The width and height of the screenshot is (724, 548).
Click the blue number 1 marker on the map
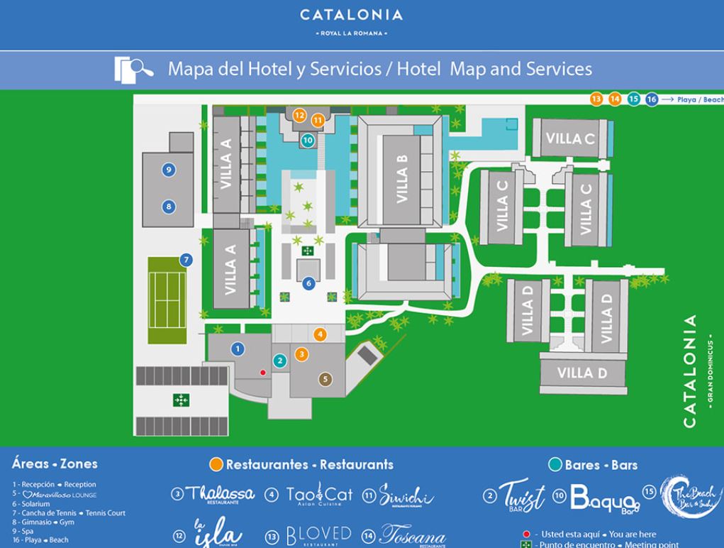(238, 348)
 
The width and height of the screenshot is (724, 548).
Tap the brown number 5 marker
(325, 379)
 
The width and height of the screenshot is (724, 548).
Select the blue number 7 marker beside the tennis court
(186, 260)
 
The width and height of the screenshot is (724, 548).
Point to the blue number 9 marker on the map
(169, 170)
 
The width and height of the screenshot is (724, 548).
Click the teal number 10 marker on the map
(307, 141)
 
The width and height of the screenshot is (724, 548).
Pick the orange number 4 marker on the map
(321, 334)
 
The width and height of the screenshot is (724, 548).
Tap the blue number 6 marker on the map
(308, 283)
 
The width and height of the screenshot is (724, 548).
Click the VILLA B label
(401, 180)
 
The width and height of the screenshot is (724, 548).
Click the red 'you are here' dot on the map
(263, 372)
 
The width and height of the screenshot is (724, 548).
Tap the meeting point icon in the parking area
(181, 400)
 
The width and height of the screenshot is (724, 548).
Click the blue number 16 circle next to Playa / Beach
(651, 99)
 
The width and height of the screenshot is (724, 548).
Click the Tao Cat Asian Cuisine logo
(318, 494)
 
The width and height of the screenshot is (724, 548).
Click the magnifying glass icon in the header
(135, 69)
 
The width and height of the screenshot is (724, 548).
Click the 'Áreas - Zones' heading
(55, 464)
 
